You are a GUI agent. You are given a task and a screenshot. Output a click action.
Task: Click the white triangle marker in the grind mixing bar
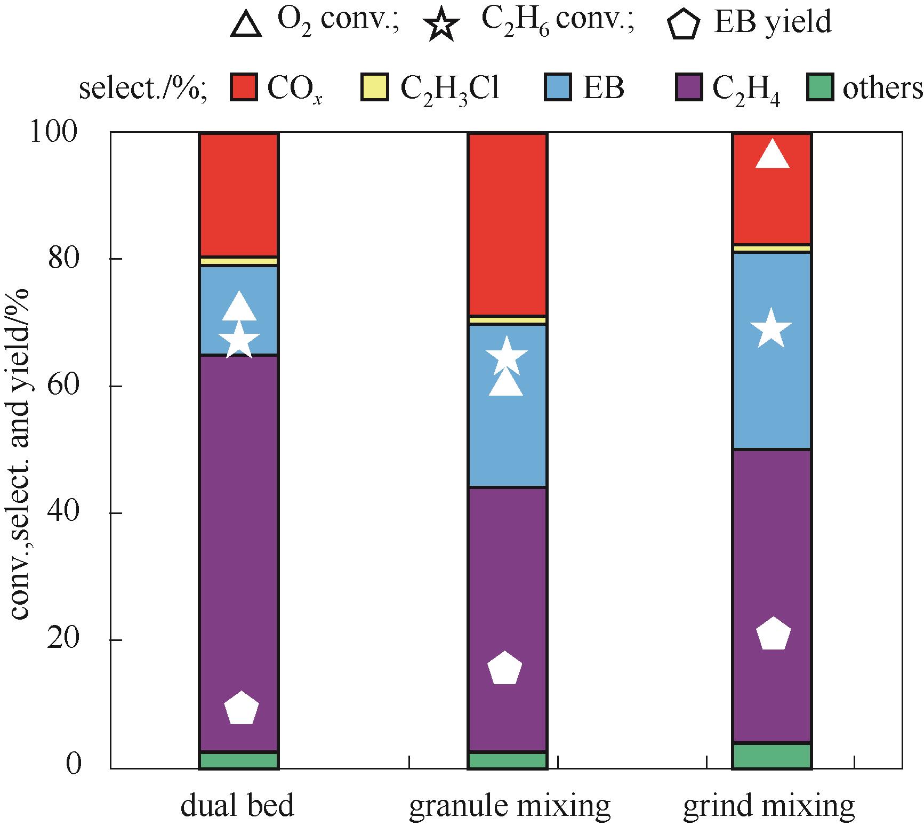click(x=772, y=156)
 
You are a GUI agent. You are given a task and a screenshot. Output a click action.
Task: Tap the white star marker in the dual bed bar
click(x=239, y=340)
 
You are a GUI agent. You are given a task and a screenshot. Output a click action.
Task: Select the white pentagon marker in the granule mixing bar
click(x=504, y=668)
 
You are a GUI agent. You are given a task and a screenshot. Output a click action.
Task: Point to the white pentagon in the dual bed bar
click(x=241, y=709)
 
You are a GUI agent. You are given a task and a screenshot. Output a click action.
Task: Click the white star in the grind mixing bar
click(x=770, y=329)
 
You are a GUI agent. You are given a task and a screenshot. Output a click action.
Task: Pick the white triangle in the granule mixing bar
click(x=506, y=383)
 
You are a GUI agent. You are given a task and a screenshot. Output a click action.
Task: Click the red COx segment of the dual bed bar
click(x=239, y=195)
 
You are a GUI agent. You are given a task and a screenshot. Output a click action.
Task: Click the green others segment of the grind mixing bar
click(x=772, y=756)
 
